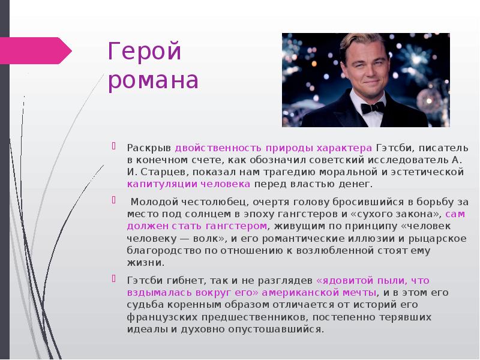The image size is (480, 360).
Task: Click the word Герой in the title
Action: click(144, 52)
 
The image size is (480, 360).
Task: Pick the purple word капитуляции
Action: click(154, 184)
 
